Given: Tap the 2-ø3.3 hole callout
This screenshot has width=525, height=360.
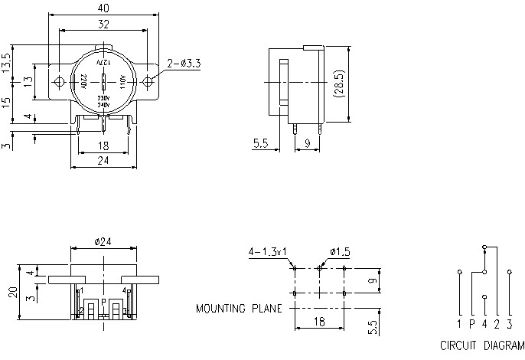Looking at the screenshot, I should pyautogui.click(x=183, y=64).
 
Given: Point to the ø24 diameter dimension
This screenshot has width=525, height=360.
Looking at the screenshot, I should pyautogui.click(x=104, y=241).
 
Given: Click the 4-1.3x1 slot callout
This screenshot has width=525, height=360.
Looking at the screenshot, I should pyautogui.click(x=267, y=251).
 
